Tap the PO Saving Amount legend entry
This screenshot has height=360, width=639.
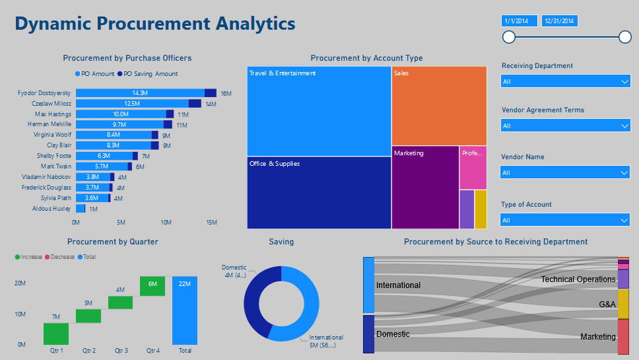[151, 74]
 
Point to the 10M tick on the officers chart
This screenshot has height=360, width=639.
[166, 222]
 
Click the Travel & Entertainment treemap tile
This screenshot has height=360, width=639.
[319, 111]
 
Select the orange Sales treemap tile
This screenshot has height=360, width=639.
[439, 106]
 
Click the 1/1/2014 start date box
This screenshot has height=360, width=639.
[519, 21]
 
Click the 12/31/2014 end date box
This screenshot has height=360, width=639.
[560, 21]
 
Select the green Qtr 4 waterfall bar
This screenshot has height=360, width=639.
[152, 286]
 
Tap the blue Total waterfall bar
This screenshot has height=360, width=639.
[185, 310]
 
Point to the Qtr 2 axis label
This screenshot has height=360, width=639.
[89, 351]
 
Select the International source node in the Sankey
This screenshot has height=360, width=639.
[368, 285]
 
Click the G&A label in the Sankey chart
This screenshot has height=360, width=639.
[607, 305]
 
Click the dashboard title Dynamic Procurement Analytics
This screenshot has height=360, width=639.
[155, 24]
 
